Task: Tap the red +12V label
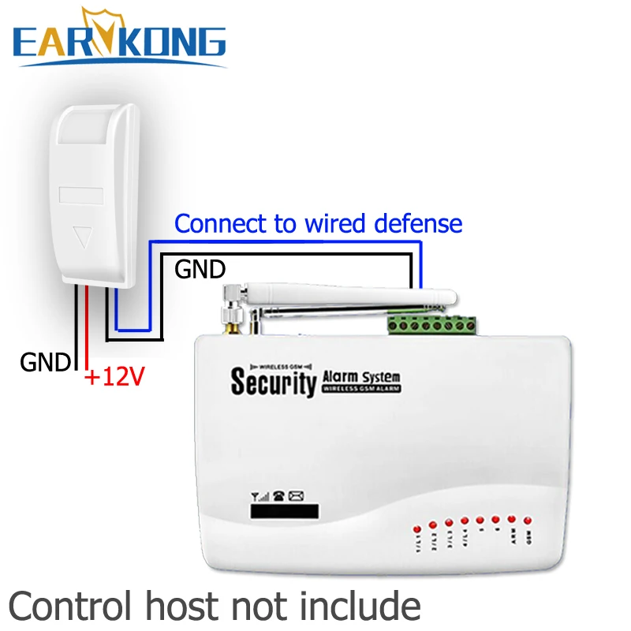(x=114, y=378)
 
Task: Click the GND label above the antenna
(x=200, y=270)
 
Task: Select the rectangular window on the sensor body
(x=81, y=192)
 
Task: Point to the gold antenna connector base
(x=233, y=319)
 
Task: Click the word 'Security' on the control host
(x=272, y=383)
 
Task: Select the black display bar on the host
(x=285, y=511)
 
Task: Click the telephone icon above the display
(x=278, y=497)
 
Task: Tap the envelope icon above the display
(x=296, y=497)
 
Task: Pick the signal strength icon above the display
(x=259, y=497)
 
